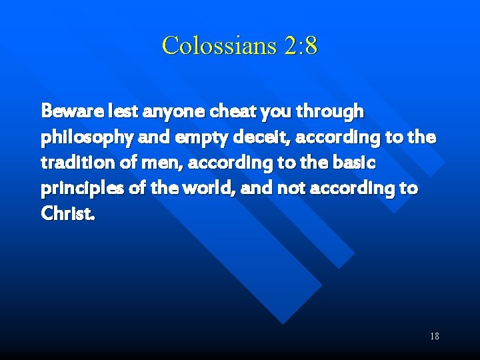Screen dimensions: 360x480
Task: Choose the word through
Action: (325, 112)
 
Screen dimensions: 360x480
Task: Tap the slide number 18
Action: (434, 336)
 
